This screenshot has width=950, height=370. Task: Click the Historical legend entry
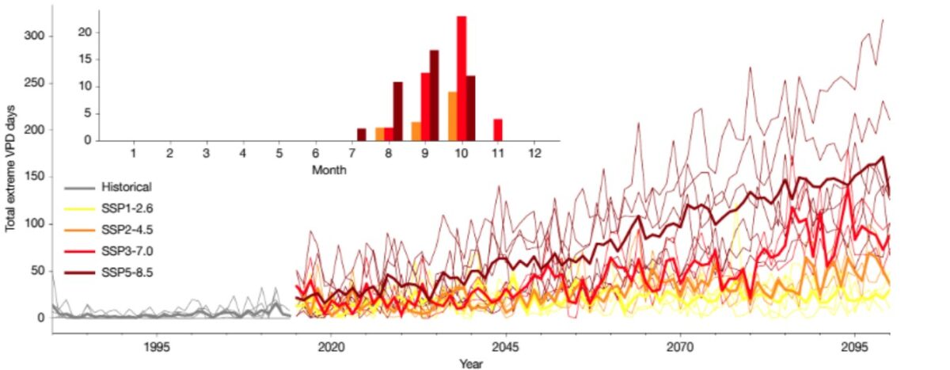[x=126, y=188]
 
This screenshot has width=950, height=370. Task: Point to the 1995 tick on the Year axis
[x=157, y=347]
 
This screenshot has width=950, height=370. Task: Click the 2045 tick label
[x=505, y=347]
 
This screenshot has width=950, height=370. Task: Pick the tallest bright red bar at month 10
[x=462, y=78]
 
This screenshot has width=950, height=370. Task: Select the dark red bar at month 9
[x=434, y=95]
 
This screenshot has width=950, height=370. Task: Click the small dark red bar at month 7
[x=361, y=135]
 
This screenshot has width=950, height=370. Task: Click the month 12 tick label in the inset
[x=534, y=151]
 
